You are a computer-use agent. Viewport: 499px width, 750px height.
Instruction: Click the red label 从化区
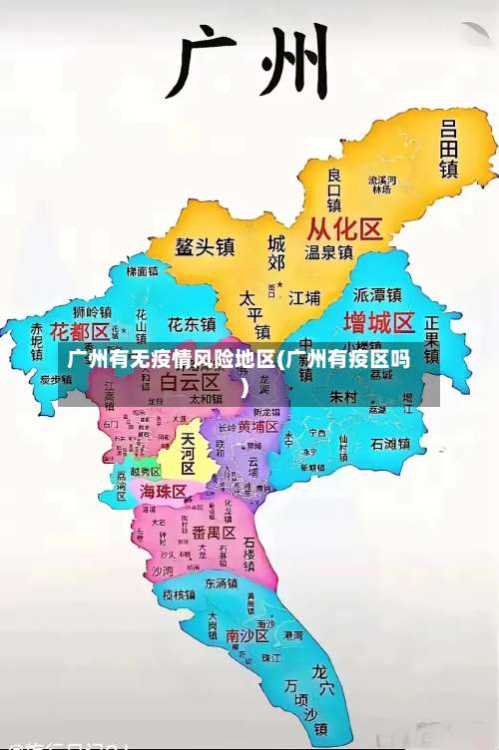click(x=343, y=230)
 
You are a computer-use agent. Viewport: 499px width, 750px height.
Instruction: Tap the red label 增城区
click(x=378, y=322)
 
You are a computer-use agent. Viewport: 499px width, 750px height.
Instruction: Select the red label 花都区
click(x=79, y=330)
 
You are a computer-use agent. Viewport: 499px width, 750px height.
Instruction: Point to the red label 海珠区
click(x=163, y=492)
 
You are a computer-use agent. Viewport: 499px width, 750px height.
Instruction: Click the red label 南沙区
click(x=247, y=634)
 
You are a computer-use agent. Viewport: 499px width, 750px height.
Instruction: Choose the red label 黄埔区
click(x=257, y=426)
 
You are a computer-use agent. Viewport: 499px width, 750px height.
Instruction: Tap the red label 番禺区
click(x=213, y=532)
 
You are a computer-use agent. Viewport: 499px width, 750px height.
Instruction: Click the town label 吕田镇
click(x=449, y=149)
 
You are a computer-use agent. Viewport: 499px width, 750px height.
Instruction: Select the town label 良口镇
click(x=334, y=188)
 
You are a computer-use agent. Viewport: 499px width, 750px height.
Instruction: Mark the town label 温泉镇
click(x=329, y=252)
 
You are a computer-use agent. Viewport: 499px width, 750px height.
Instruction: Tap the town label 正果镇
click(x=432, y=340)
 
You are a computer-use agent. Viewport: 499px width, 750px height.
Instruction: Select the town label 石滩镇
click(x=390, y=443)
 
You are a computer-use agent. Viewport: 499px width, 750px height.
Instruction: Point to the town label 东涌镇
click(x=222, y=582)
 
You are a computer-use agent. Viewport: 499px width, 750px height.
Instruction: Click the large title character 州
click(x=294, y=60)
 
